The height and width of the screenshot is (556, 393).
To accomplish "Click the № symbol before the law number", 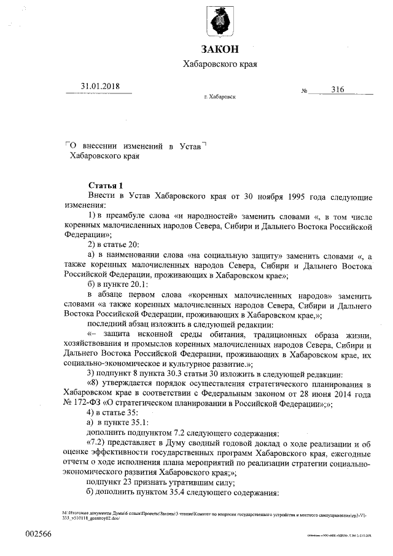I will (x=304, y=92).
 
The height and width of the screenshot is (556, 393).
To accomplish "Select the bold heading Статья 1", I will (x=106, y=186).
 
